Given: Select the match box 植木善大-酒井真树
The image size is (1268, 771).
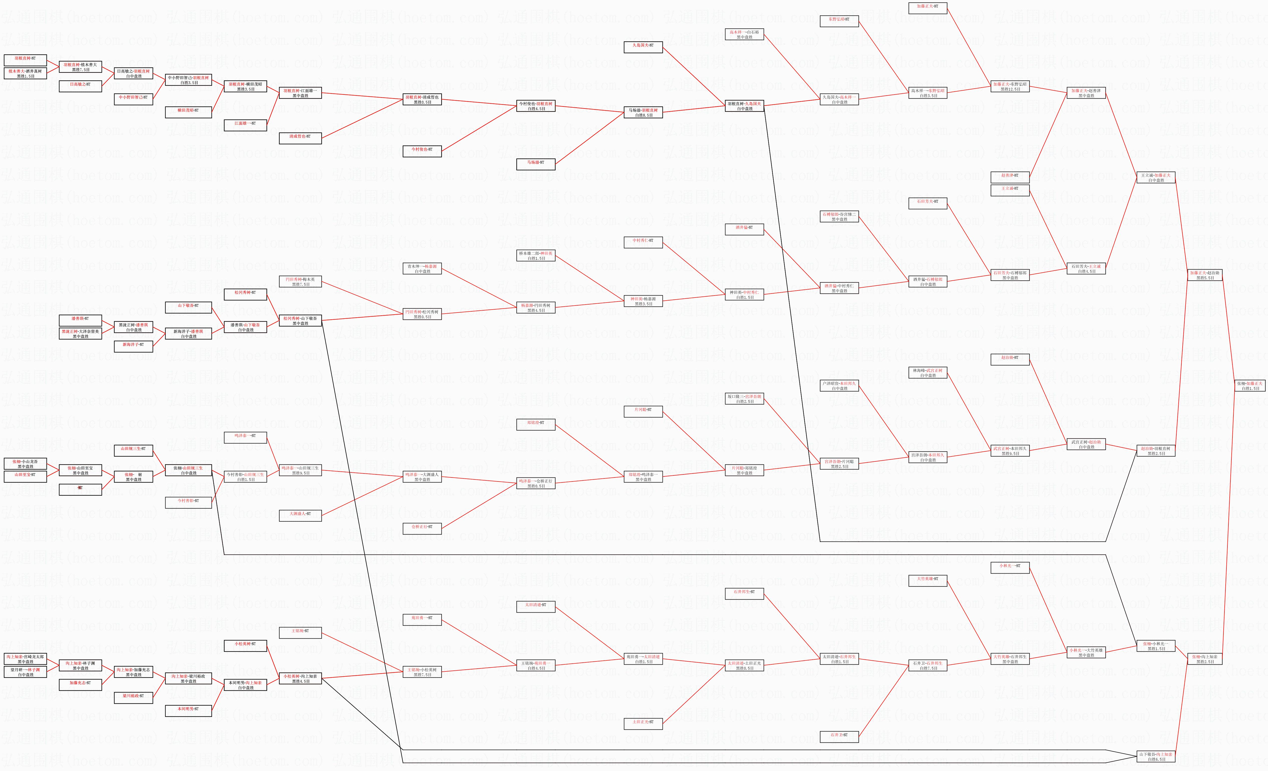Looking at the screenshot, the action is pyautogui.click(x=25, y=73).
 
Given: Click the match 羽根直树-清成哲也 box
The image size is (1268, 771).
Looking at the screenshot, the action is pyautogui.click(x=422, y=99).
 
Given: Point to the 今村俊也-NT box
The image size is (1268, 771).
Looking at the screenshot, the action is pyautogui.click(x=422, y=150).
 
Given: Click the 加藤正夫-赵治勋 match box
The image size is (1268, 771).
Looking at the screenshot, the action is pyautogui.click(x=1205, y=275).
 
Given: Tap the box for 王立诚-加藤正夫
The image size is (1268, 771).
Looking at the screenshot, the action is pyautogui.click(x=1156, y=177).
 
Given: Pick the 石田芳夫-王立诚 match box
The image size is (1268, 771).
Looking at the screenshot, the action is pyautogui.click(x=1086, y=269).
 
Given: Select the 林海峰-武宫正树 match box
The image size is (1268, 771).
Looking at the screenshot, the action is pyautogui.click(x=928, y=372).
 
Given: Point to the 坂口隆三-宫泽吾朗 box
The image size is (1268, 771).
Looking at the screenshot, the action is pyautogui.click(x=744, y=399).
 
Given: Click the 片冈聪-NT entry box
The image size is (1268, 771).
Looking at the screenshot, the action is pyautogui.click(x=643, y=410).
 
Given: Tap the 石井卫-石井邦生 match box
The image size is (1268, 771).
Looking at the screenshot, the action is pyautogui.click(x=928, y=666).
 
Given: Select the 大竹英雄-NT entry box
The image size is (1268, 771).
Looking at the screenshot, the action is pyautogui.click(x=928, y=579).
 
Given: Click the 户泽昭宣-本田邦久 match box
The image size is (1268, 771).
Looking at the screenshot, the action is pyautogui.click(x=839, y=386).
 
